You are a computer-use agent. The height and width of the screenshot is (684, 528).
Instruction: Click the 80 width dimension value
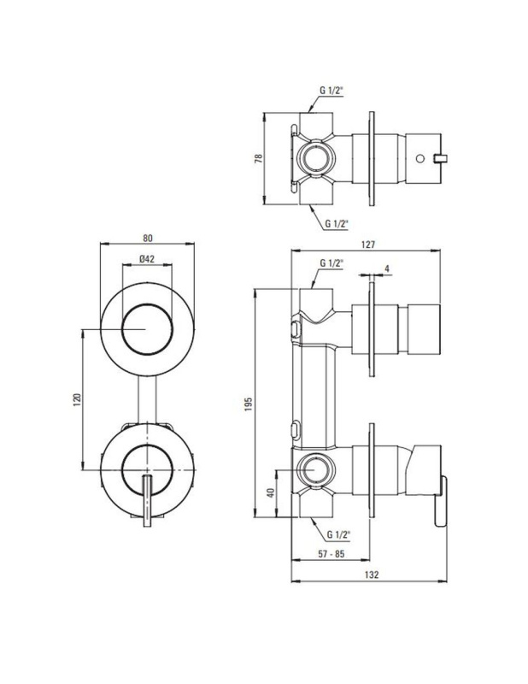click(148, 239)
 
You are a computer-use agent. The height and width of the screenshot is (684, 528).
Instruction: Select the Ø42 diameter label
click(147, 259)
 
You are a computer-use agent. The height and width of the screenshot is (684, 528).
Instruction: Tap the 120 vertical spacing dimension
click(77, 399)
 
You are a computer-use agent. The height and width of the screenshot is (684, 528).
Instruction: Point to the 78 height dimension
click(259, 158)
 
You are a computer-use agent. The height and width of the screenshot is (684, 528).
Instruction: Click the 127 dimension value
click(368, 245)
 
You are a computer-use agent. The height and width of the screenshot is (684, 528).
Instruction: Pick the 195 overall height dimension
click(248, 404)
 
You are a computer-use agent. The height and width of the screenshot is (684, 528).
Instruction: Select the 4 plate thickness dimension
click(387, 268)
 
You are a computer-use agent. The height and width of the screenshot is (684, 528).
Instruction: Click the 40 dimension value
click(270, 493)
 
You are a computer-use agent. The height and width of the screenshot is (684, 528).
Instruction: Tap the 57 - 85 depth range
click(331, 554)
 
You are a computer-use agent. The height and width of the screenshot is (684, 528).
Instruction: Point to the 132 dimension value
click(371, 575)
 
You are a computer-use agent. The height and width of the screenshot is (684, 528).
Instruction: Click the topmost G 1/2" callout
click(331, 91)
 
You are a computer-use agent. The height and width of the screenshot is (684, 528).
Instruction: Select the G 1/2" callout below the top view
click(337, 224)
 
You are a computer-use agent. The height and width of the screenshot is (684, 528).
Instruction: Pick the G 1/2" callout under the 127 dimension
click(331, 263)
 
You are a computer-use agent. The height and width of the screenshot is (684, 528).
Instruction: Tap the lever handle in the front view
click(147, 500)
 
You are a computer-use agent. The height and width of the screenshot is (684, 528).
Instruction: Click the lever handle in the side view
click(440, 502)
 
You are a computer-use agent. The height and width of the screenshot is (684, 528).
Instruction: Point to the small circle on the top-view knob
click(419, 158)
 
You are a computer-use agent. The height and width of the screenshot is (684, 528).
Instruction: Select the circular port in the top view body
click(315, 158)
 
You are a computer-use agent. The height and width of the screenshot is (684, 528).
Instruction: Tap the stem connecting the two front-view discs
click(147, 399)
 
